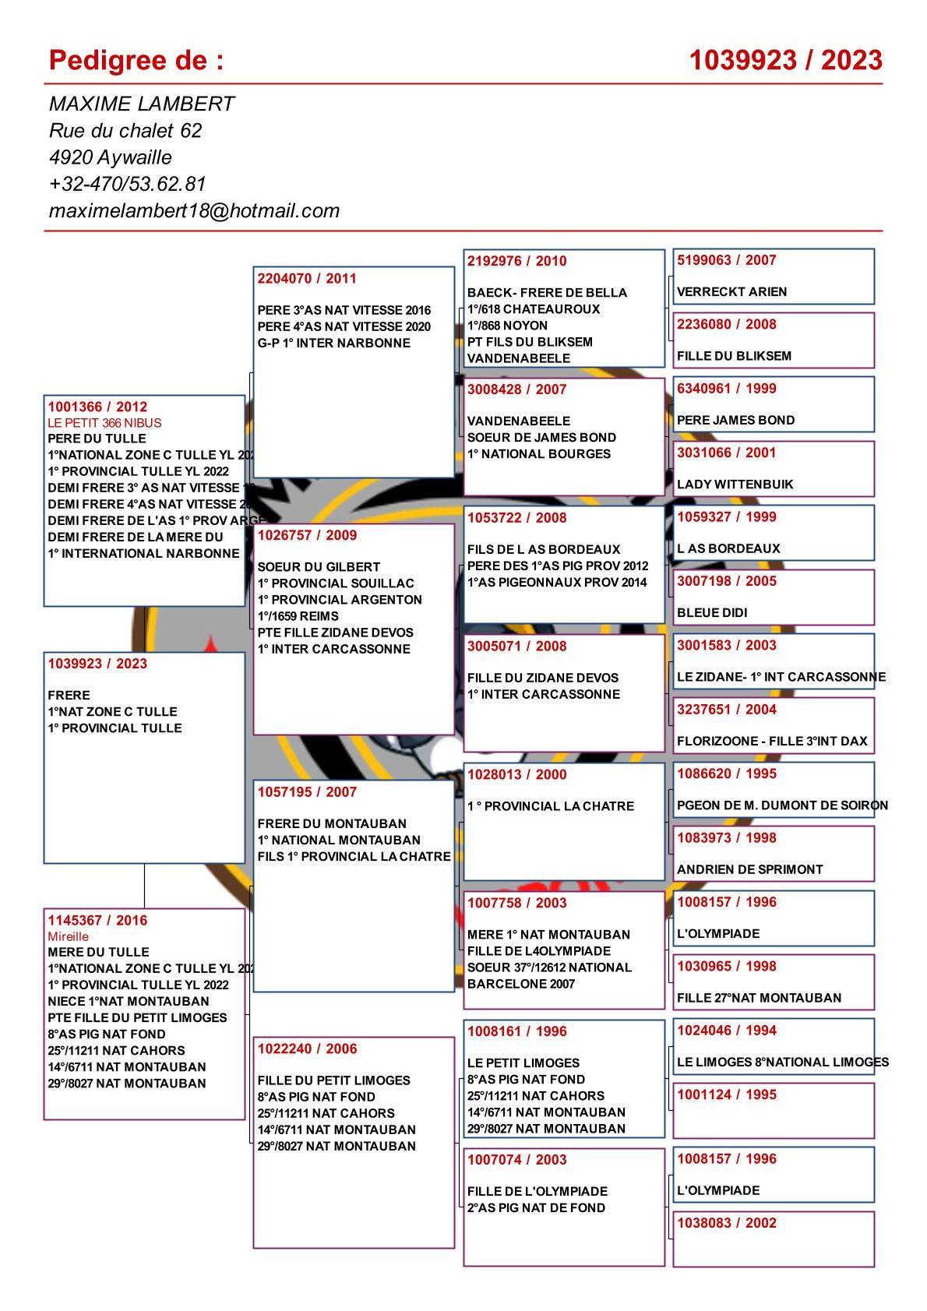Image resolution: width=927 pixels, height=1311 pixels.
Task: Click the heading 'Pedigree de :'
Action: [x=136, y=60]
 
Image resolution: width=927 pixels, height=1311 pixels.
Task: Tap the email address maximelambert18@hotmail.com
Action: [x=194, y=210]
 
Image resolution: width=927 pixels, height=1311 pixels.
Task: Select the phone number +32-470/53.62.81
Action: [x=127, y=184]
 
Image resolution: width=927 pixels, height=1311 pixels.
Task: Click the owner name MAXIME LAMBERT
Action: [x=141, y=104]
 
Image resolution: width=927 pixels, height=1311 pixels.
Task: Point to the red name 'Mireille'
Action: [x=69, y=936]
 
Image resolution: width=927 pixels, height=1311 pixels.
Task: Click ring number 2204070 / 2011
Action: [x=307, y=278]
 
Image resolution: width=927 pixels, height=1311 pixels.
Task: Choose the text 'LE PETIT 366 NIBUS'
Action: [x=104, y=423]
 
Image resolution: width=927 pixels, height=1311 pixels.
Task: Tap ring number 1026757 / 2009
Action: [x=307, y=535]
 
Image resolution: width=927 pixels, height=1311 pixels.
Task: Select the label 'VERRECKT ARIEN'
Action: [x=731, y=292]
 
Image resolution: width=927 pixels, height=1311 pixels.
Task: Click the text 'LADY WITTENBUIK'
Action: [x=735, y=485]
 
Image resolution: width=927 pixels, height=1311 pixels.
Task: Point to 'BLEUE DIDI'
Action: [x=711, y=613]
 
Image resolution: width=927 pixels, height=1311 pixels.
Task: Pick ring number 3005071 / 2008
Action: [x=516, y=646]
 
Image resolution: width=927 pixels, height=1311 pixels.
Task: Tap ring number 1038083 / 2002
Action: [x=726, y=1223]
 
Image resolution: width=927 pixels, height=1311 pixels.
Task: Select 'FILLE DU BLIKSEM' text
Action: [x=734, y=356]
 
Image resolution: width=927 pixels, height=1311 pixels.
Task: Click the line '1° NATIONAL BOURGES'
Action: [x=538, y=454]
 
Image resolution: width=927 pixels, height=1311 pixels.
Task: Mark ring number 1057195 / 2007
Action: [x=307, y=792]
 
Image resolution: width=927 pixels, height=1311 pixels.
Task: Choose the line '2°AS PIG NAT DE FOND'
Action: [x=536, y=1207]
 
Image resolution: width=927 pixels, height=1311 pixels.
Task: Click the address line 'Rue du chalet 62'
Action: [x=125, y=130]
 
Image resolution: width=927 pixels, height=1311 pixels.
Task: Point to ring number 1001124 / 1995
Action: [x=726, y=1094]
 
